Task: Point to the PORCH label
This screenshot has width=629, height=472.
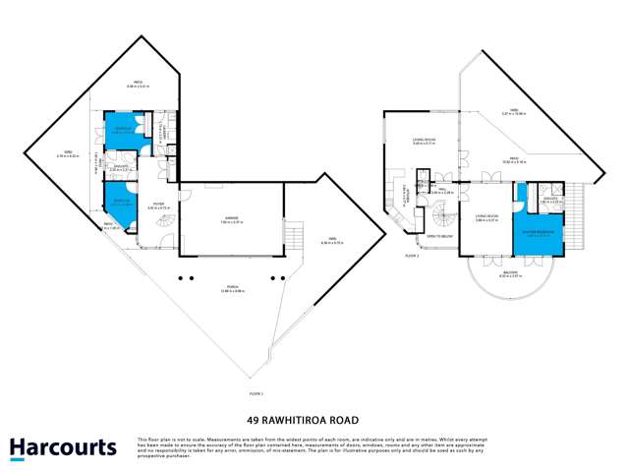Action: click(x=231, y=289)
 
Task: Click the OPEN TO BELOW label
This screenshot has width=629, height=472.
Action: click(x=439, y=236)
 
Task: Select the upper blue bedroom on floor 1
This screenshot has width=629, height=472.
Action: click(x=123, y=132)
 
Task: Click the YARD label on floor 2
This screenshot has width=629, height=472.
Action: click(x=513, y=111)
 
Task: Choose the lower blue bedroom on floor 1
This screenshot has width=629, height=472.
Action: click(x=116, y=204)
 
